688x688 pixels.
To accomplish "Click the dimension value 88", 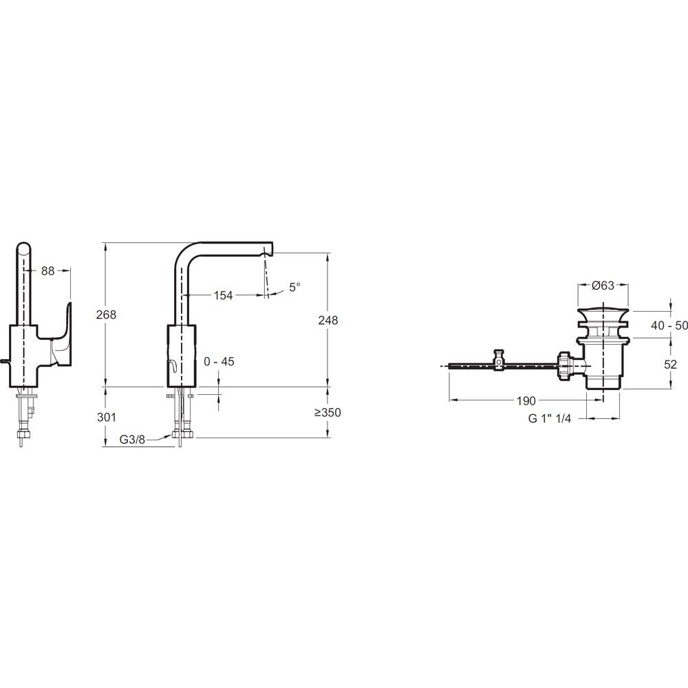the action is (x=48, y=271).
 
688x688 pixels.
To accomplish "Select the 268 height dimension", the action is (x=106, y=314).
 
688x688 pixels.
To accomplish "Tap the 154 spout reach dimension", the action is (x=223, y=295).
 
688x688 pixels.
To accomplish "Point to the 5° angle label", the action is (x=295, y=287).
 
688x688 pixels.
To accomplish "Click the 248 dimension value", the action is (x=328, y=321).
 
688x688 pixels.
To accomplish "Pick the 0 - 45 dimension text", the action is (x=219, y=362).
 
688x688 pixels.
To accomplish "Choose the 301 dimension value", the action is (x=106, y=417).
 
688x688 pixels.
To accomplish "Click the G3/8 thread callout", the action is (x=132, y=439).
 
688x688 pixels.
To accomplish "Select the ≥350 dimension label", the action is (x=327, y=412).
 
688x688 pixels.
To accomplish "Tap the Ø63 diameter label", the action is (x=603, y=286).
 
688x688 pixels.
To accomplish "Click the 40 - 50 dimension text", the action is (x=669, y=325).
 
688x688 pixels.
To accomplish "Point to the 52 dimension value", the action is (x=670, y=365).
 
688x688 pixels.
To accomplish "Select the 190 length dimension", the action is (x=526, y=400).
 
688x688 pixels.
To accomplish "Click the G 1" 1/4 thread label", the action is (x=550, y=418).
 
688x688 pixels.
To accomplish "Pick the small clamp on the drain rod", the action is (x=499, y=361).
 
